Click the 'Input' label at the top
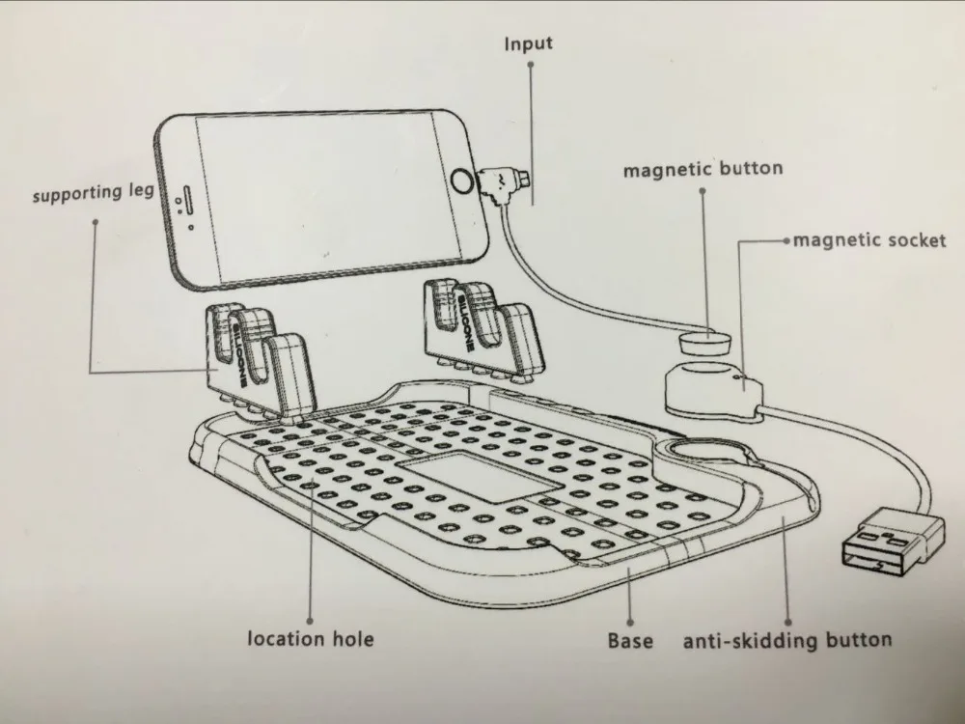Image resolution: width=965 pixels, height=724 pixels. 529,44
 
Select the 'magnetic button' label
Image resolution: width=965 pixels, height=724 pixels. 703,170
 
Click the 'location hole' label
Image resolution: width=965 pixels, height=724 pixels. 310,638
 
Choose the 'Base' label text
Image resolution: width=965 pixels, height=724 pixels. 630,640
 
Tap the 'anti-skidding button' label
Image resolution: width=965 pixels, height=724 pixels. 787,639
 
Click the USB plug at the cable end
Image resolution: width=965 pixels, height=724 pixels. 890,546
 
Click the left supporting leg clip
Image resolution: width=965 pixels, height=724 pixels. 259,362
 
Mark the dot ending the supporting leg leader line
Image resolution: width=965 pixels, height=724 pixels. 96,222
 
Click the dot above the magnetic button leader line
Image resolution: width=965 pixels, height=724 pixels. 703,190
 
